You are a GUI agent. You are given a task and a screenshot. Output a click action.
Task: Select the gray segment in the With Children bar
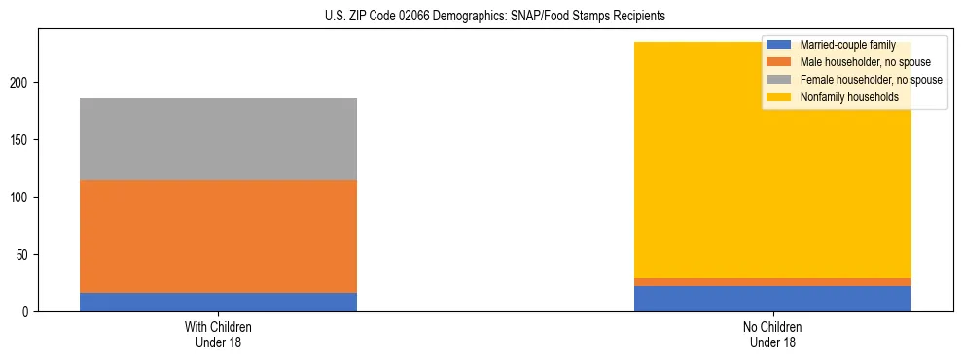pos(218,139)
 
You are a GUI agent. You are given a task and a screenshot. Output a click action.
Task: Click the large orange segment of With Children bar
pos(218,236)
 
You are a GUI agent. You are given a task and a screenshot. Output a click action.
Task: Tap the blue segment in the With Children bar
pos(218,302)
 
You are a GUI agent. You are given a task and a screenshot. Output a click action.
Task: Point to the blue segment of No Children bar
pos(772,299)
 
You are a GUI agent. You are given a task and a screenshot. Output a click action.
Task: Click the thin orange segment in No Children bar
pos(772,282)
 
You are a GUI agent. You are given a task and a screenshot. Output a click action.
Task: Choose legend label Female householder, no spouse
pos(871,80)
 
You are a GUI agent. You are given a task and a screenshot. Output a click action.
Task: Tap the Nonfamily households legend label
pos(849,97)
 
